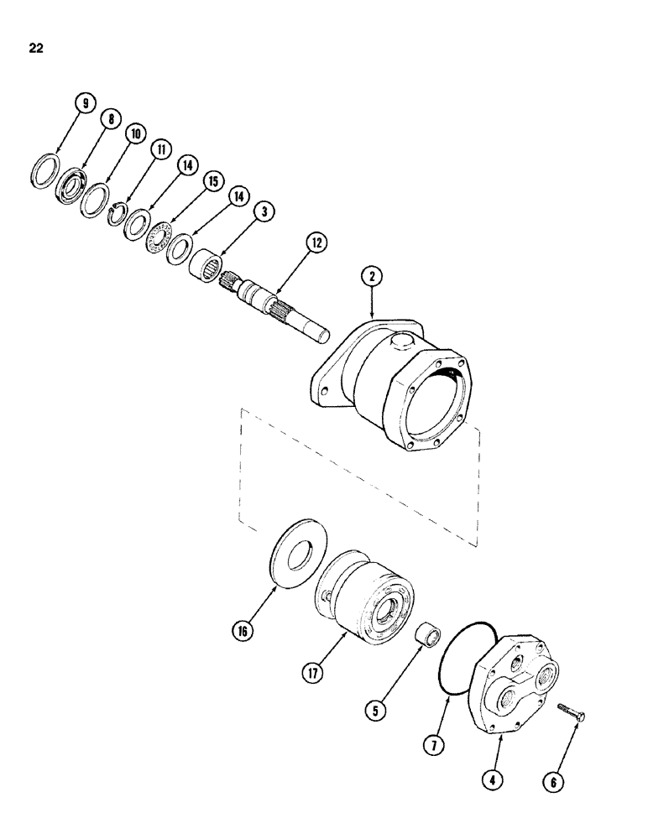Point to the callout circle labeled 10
coord(133,135)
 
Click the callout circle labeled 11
coord(159,150)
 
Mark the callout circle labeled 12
coord(316,244)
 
